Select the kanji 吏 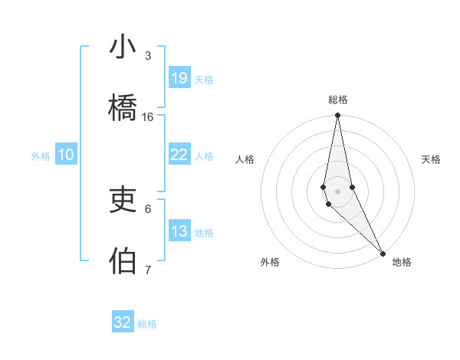point(123,200)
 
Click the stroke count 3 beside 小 point(148,55)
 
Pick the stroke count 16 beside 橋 point(148,116)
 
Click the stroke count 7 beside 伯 point(148,270)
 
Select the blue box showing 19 point(179,77)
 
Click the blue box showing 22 point(179,154)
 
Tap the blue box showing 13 point(179,231)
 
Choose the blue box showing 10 point(66,154)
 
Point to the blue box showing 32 point(123,322)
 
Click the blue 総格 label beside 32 point(147,324)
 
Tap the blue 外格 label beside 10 point(41,155)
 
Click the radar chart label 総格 point(338,100)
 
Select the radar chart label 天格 point(432,159)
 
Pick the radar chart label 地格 point(402,262)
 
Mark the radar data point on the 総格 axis point(337,116)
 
